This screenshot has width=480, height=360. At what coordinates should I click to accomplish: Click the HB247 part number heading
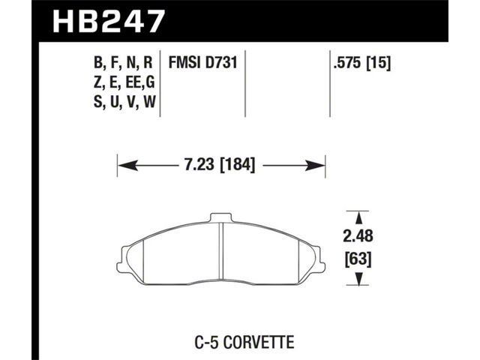coord(109,21)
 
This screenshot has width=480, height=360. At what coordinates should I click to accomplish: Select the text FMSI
coord(183,63)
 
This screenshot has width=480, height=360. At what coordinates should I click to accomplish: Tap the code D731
coord(221,63)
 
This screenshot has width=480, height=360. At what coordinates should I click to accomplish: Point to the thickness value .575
coord(347,63)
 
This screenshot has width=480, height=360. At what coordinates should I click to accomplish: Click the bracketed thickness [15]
coord(379,63)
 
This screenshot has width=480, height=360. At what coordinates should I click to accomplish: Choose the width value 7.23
coord(199,165)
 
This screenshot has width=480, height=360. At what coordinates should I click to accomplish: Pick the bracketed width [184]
coord(238,165)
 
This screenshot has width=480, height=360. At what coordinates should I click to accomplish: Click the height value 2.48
coord(358,236)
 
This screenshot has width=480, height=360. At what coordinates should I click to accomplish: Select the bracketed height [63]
coord(358,259)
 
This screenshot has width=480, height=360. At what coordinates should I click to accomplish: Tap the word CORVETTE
coord(259,342)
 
